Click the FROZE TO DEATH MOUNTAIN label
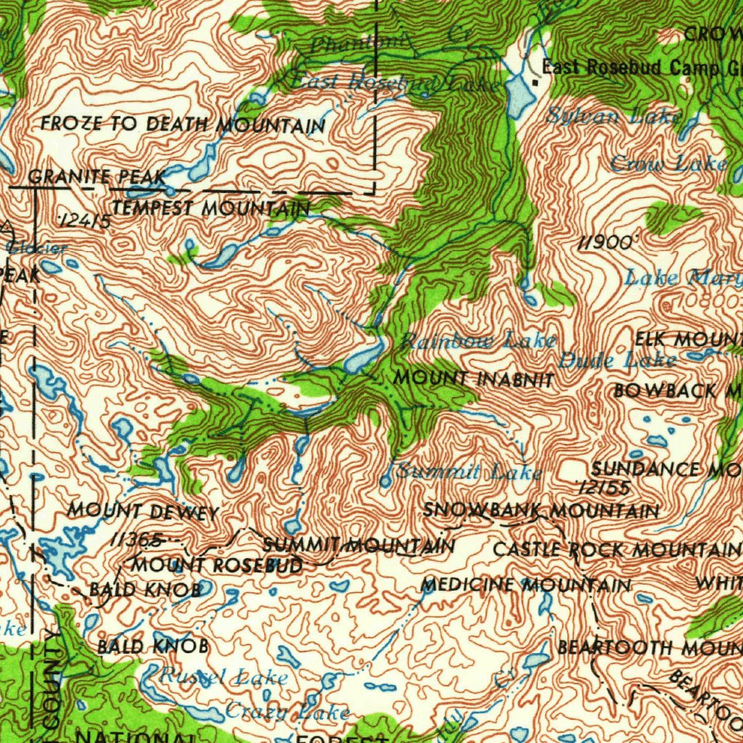click(x=183, y=125)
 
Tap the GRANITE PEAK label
click(x=97, y=176)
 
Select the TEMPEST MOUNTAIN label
click(x=210, y=209)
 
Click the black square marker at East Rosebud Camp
click(x=535, y=82)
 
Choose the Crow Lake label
click(x=668, y=164)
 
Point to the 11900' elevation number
click(x=605, y=243)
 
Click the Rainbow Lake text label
click(x=478, y=340)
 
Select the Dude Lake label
click(x=617, y=359)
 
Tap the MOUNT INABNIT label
click(x=474, y=379)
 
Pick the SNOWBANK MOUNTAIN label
click(x=541, y=511)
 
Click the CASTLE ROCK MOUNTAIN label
click(x=617, y=550)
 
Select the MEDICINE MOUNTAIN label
click(x=526, y=585)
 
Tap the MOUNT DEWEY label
click(x=143, y=512)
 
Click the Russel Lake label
click(x=223, y=678)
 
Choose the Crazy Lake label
click(x=287, y=712)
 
